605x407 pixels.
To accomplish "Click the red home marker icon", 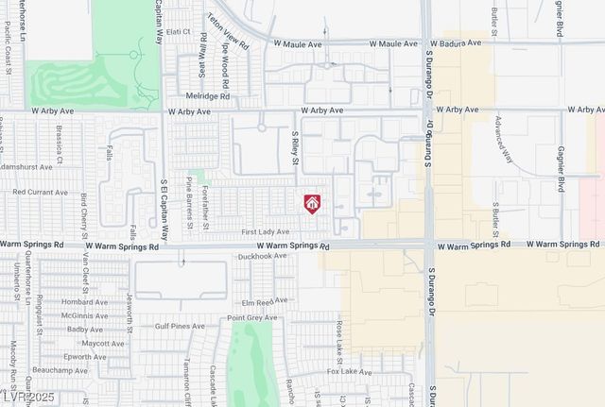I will click(312, 203).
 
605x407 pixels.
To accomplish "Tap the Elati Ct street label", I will click(179, 31).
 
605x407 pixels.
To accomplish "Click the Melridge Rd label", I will click(209, 96).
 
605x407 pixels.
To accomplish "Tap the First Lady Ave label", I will click(265, 230).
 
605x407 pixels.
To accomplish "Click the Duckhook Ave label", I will click(261, 256).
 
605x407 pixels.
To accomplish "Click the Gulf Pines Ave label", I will click(180, 326).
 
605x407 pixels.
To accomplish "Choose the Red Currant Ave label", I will click(40, 192).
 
